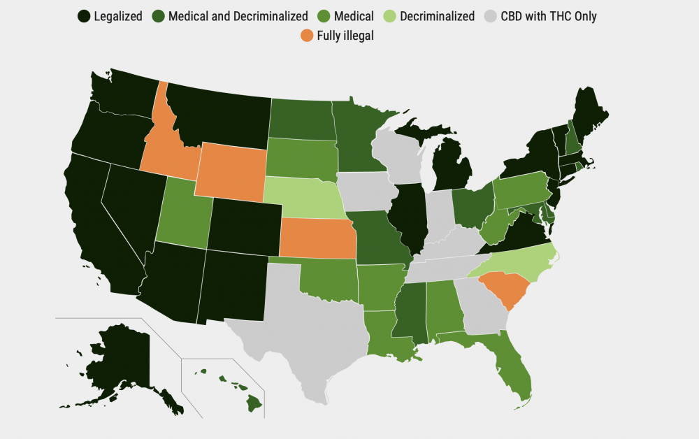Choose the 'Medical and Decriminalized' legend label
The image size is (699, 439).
click(x=238, y=15)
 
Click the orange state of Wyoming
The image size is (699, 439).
click(x=231, y=170)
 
